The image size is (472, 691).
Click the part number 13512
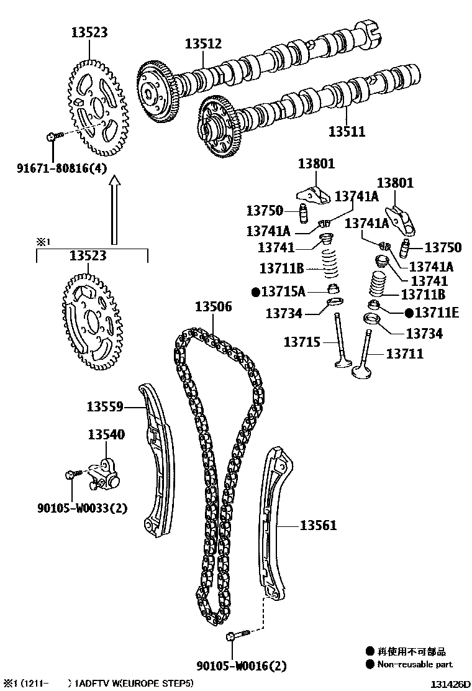pos(203,43)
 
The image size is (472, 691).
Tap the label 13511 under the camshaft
pos(347,132)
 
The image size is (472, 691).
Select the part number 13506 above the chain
pos(213,306)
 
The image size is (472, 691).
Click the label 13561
pos(319,526)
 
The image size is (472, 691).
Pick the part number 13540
pos(106,434)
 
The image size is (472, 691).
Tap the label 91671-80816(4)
pos(61,167)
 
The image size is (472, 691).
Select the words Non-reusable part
pos(415,664)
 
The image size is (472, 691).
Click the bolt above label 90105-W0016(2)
pos(238,634)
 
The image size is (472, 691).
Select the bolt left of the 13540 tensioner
pos(73,475)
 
